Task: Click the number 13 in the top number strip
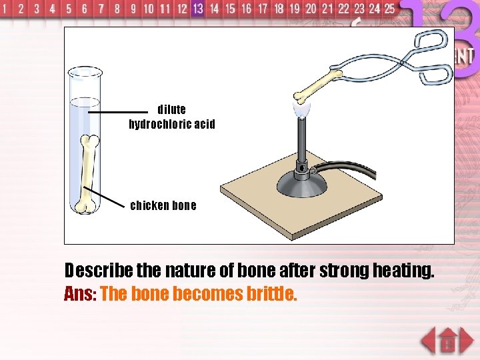tap(197, 9)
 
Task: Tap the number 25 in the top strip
tap(389, 9)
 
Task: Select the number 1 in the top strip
tap(5, 9)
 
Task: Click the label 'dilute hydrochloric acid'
tap(172, 117)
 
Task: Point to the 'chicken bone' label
tap(163, 205)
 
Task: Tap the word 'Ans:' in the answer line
tap(80, 294)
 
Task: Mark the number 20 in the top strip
tap(311, 9)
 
